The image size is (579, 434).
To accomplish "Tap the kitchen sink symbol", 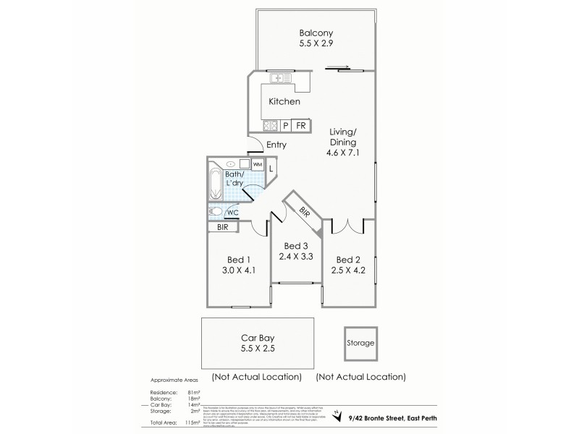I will click(281, 77).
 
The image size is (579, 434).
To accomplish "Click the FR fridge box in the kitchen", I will click(300, 126).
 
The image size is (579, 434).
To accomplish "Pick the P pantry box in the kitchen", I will click(286, 126).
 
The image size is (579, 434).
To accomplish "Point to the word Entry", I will click(276, 145).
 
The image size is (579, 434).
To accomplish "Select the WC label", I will click(232, 213).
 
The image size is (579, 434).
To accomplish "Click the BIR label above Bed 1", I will click(221, 227).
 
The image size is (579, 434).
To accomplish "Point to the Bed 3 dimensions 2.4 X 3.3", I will click(296, 255).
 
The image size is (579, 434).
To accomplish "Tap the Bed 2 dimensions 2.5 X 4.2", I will click(348, 270).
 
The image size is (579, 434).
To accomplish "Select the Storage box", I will click(360, 342).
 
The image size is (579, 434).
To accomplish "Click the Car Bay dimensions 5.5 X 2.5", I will click(257, 348).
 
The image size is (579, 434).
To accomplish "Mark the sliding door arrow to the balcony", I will click(338, 69).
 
